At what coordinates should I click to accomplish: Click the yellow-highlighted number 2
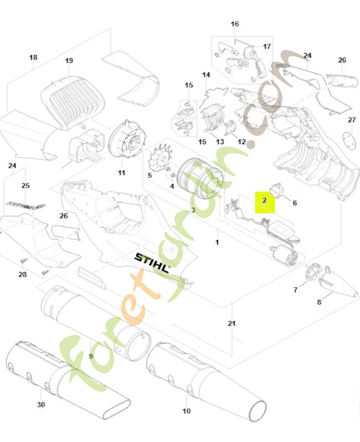click(x=264, y=201)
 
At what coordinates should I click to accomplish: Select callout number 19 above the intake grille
click(x=69, y=61)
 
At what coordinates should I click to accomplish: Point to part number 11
click(x=121, y=173)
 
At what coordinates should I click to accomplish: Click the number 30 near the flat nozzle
click(x=41, y=405)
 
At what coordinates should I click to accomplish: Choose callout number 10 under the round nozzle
click(x=186, y=411)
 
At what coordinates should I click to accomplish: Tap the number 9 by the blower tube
click(x=91, y=356)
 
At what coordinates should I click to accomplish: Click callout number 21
click(x=232, y=323)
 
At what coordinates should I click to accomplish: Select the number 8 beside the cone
click(x=319, y=302)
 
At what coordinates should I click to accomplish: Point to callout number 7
click(x=295, y=290)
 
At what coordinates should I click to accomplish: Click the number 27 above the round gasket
click(x=352, y=120)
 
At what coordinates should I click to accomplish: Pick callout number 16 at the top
click(x=235, y=24)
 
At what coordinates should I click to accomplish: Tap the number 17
click(x=267, y=47)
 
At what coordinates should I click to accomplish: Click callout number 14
click(x=206, y=75)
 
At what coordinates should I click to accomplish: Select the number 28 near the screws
click(x=22, y=275)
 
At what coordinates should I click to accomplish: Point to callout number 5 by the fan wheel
click(x=150, y=175)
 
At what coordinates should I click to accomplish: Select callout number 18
click(x=33, y=57)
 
